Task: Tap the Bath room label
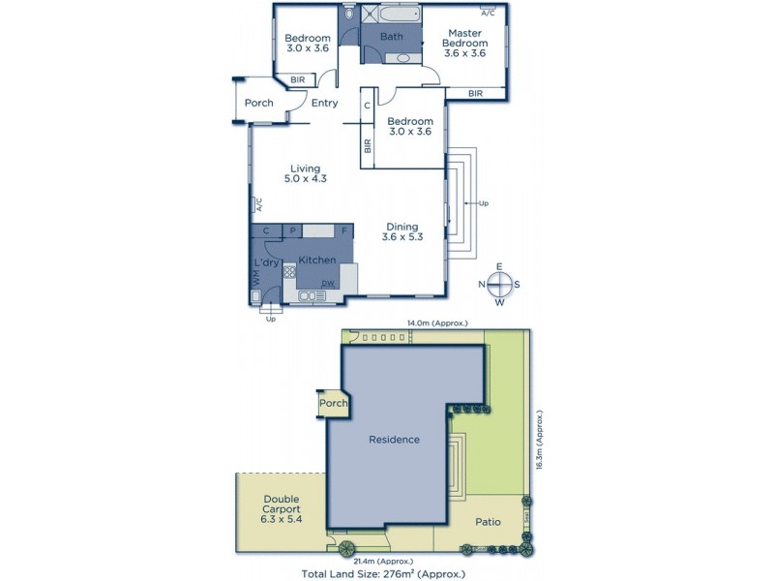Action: (391, 37)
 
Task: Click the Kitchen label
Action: (317, 260)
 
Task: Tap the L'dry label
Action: (266, 263)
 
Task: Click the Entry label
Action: (324, 103)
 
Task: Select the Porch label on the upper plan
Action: (258, 103)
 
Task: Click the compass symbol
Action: (499, 284)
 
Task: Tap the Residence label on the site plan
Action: (395, 440)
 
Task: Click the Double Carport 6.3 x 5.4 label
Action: (282, 508)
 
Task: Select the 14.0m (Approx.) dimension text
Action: (436, 323)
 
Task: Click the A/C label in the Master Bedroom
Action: (488, 13)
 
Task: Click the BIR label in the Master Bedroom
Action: (475, 93)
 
